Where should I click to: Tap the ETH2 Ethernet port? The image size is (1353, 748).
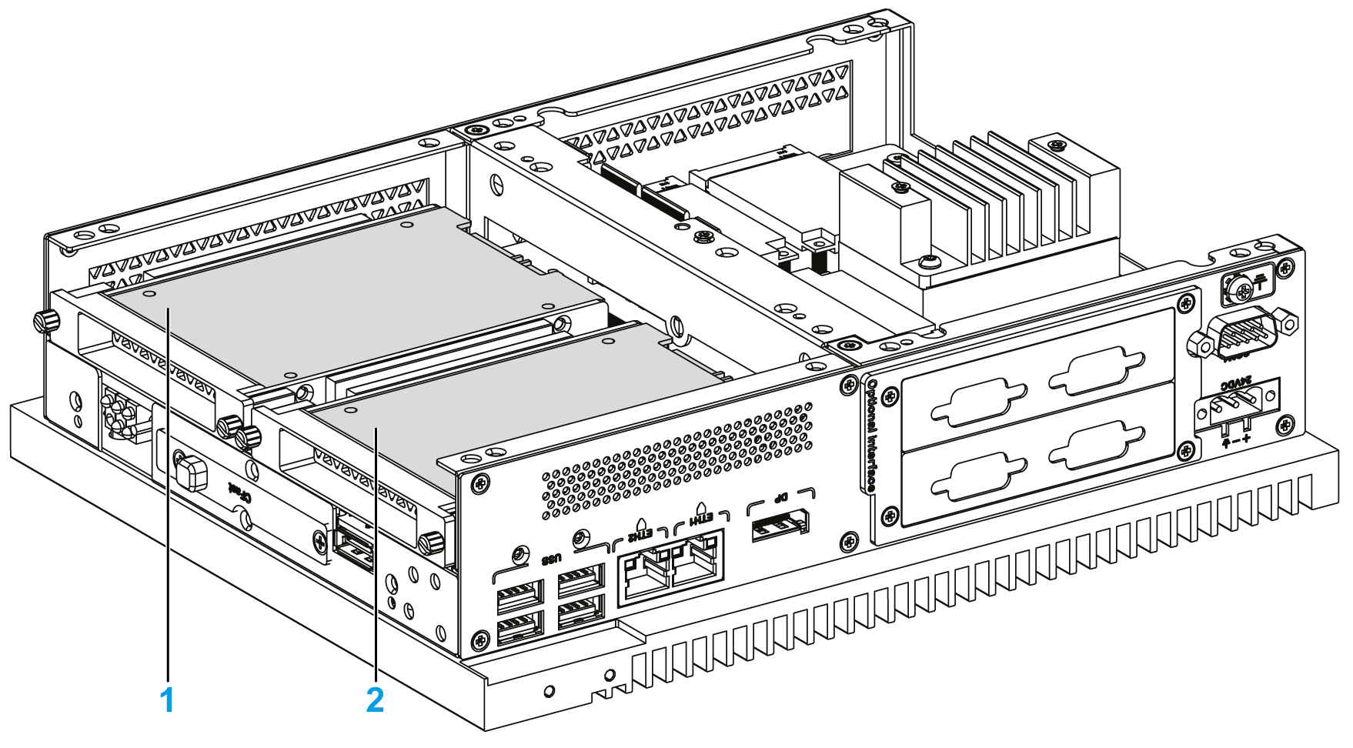(x=643, y=576)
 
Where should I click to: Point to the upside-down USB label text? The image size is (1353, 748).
(x=551, y=559)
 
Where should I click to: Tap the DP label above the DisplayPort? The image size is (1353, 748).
(x=780, y=499)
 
